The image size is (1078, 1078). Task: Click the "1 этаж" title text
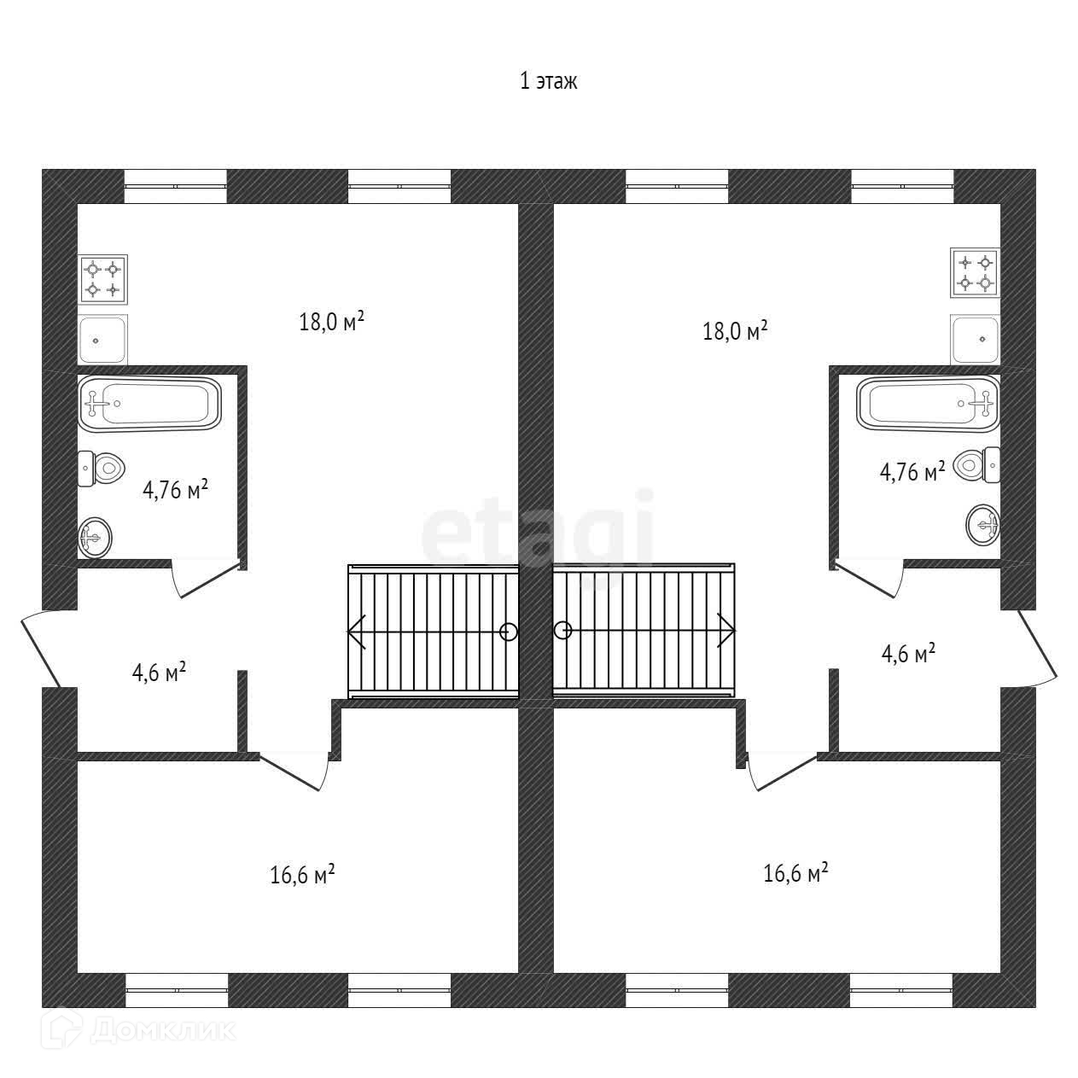click(x=549, y=81)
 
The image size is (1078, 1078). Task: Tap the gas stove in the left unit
click(x=103, y=279)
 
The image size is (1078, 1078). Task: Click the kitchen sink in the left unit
click(x=103, y=339)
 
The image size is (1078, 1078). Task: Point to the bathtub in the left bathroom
click(x=149, y=405)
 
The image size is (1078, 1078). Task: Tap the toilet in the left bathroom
click(x=102, y=468)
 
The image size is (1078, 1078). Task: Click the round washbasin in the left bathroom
click(x=95, y=537)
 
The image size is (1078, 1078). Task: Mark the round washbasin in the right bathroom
click(x=983, y=525)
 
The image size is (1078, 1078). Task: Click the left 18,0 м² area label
click(x=332, y=322)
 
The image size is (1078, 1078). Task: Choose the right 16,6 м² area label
click(x=795, y=873)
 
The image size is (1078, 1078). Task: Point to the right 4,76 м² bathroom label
click(x=912, y=470)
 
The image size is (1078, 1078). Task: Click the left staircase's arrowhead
click(x=357, y=632)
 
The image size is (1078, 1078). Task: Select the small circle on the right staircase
click(x=562, y=631)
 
